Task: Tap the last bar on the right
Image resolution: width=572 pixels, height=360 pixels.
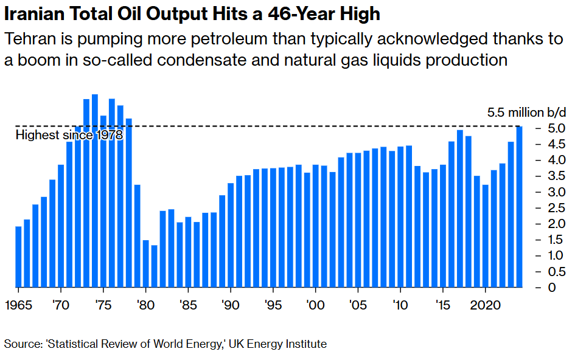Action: [519, 207]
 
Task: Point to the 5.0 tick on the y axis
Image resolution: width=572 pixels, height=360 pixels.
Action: [551, 129]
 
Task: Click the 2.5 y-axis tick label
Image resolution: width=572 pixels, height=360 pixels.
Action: [551, 208]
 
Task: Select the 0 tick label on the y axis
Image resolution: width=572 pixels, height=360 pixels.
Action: [551, 287]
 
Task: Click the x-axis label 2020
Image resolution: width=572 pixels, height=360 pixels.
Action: [485, 303]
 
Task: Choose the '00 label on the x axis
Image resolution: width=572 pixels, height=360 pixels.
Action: [315, 303]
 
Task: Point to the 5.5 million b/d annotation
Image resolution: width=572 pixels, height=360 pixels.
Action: [527, 112]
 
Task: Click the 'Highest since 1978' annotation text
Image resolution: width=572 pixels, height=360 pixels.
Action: [69, 135]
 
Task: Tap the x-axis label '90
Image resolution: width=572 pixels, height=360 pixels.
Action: [230, 303]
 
